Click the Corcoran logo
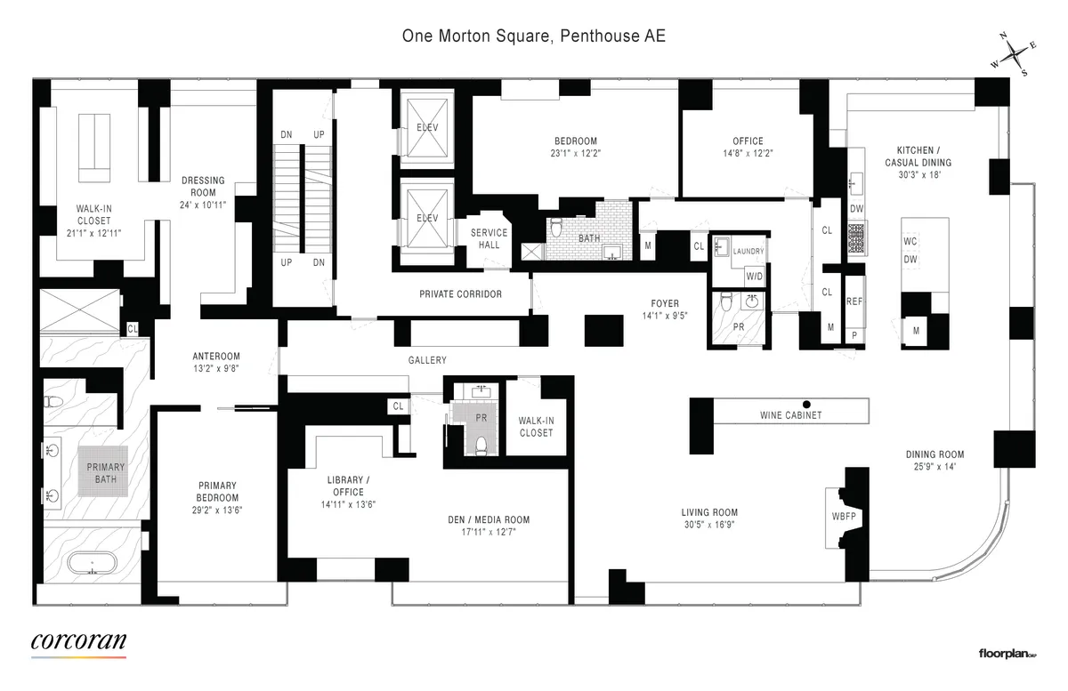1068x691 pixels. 78,641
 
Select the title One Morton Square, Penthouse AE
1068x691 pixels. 533,37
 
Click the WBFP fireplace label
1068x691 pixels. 843,516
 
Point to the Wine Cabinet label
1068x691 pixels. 790,415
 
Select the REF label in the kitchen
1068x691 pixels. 854,302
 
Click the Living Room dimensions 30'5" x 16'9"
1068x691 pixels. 709,524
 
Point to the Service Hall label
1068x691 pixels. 489,239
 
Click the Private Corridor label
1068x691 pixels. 461,293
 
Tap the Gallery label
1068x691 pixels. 427,360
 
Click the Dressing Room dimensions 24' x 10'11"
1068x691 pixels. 204,204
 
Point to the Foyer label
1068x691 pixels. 665,303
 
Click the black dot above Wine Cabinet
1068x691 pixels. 807,402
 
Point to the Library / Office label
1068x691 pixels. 347,486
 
